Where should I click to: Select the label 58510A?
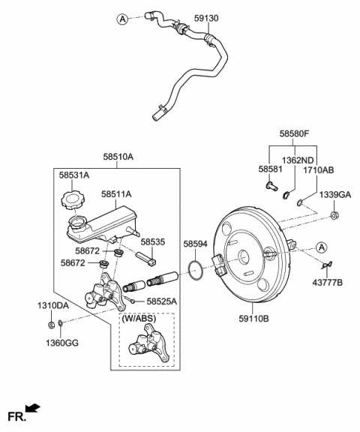point(118,157)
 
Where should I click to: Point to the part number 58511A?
point(116,193)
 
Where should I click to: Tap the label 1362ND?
point(297,160)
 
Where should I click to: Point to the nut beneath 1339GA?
point(334,217)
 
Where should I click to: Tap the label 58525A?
point(162,301)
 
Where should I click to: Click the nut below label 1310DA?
point(49,324)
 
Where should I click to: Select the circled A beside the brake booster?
point(321,247)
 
